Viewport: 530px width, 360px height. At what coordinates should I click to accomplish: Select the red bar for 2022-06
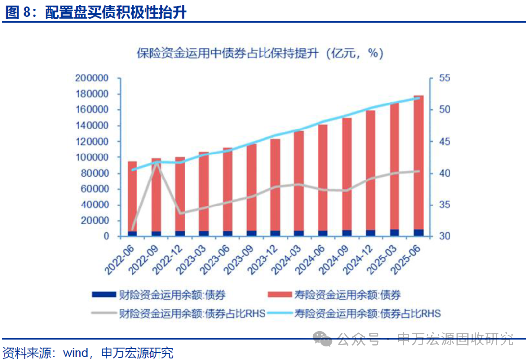point(132,196)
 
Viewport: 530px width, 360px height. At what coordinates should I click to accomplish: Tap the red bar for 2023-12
point(275,184)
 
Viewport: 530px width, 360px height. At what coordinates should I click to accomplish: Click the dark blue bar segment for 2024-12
point(371,233)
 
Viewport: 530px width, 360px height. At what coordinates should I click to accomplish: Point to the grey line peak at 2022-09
point(157,162)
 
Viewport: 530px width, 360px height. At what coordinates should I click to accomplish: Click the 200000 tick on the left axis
point(91,78)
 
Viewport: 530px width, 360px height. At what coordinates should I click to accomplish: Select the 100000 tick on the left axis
point(91,157)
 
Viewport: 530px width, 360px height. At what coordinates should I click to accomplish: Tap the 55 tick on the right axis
point(445,78)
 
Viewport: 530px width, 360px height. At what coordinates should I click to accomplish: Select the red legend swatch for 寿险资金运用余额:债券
point(280,295)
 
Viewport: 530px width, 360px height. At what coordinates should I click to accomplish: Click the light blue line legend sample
point(280,313)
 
